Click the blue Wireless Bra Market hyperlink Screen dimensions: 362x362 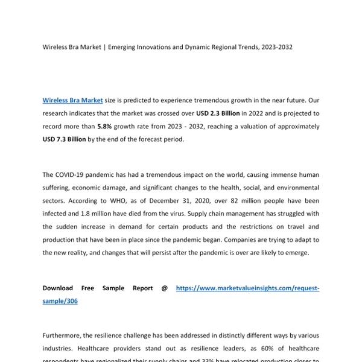[x=72, y=100]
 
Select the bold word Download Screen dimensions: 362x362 [x=58, y=288]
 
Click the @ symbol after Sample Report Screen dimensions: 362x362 [x=164, y=288]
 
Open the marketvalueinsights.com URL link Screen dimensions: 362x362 [x=247, y=288]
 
